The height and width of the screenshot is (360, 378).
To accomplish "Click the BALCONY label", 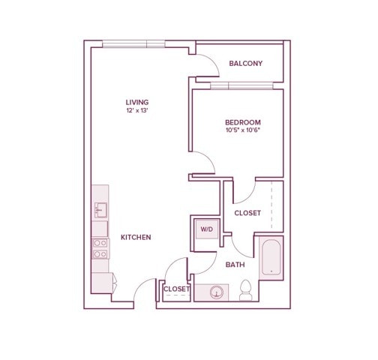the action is (x=246, y=64).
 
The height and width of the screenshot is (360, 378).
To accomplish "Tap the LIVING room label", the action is (x=137, y=102).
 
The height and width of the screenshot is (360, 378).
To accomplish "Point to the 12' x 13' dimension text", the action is (x=137, y=110).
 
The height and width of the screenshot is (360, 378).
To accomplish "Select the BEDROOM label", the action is (x=243, y=122).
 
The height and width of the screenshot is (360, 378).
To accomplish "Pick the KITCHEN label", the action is (x=136, y=237).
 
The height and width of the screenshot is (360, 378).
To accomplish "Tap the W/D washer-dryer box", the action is (x=207, y=229).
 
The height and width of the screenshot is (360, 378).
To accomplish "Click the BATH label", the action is (x=235, y=265).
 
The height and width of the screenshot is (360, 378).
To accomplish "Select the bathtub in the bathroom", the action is (x=271, y=257).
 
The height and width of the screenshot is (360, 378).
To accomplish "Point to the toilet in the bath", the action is (x=245, y=290).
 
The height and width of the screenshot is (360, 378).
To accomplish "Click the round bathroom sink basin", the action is (x=216, y=292).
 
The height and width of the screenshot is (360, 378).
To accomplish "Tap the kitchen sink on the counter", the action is (x=100, y=210).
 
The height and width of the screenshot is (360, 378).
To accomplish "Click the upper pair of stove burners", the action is (x=100, y=243).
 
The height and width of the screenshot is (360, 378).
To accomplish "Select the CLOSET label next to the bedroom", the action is (x=247, y=213).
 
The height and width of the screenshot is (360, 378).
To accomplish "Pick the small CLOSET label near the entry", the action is (x=176, y=289).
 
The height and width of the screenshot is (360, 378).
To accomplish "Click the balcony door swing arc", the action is (x=213, y=61).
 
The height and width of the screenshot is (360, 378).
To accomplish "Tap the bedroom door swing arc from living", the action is (x=209, y=157).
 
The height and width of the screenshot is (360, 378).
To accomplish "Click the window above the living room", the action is (x=133, y=44).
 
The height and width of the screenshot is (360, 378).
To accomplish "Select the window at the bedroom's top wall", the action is (x=241, y=85).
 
